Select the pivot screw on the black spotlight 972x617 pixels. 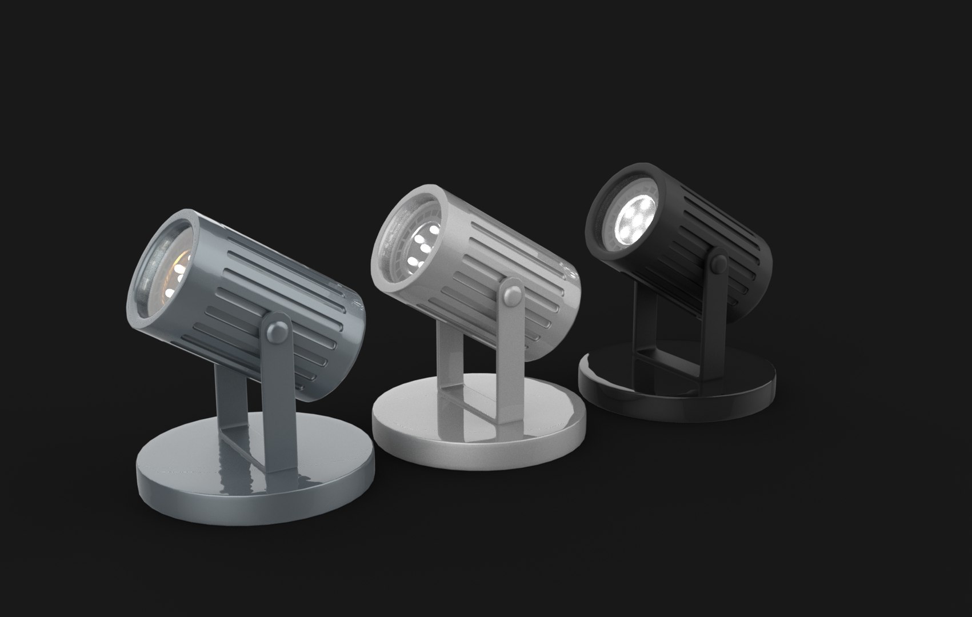pyautogui.click(x=717, y=263)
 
